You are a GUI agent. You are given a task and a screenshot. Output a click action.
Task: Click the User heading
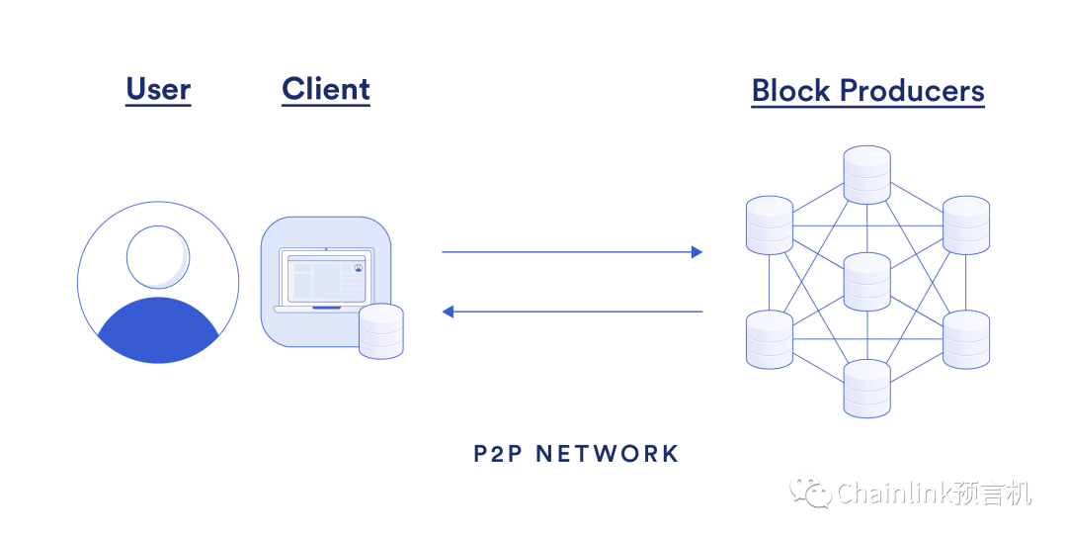click(x=158, y=90)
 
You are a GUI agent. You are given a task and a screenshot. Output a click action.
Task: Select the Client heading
click(x=326, y=89)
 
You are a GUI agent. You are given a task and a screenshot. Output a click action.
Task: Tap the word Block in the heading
click(x=791, y=91)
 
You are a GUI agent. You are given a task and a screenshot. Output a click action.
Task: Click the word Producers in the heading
click(x=912, y=91)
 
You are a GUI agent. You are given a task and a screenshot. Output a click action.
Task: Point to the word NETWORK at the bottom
click(x=607, y=454)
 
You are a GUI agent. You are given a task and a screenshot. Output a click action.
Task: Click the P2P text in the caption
click(x=497, y=454)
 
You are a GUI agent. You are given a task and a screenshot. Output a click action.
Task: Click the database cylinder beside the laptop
click(x=380, y=331)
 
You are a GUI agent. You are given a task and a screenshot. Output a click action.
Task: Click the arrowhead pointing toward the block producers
click(x=697, y=252)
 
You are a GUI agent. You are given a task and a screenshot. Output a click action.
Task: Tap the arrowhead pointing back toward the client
click(x=448, y=312)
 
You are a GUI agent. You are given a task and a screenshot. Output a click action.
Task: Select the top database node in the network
click(x=867, y=175)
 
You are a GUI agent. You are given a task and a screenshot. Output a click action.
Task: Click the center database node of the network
click(x=867, y=282)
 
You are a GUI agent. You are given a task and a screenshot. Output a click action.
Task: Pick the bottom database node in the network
click(x=867, y=389)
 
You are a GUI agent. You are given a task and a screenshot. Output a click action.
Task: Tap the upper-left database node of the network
click(x=770, y=225)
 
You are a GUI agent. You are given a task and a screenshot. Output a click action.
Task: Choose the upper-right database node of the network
click(x=965, y=225)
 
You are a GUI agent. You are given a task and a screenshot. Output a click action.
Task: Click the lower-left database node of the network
click(x=770, y=339)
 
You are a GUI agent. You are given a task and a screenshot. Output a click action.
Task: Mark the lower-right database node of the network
click(x=965, y=339)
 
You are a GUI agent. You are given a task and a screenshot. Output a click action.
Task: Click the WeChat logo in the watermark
click(x=816, y=492)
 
